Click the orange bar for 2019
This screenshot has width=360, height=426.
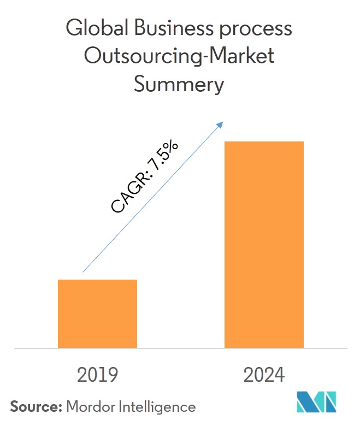97,313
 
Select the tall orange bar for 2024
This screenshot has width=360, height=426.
264,244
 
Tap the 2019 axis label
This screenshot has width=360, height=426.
98,375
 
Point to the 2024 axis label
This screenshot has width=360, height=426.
264,375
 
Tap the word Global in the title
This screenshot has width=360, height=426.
91,28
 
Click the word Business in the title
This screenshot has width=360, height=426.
166,28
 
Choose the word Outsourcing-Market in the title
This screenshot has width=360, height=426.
179,57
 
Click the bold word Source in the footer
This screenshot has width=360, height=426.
34,406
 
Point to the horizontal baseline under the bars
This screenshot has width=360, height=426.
180,348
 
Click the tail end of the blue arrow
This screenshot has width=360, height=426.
84,271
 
